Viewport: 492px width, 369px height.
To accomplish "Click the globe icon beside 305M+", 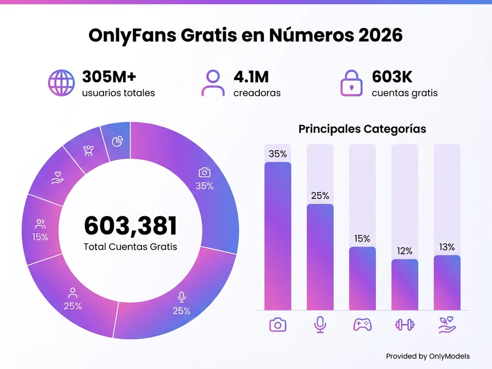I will coord(61,83).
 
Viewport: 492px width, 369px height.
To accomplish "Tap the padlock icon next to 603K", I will coord(352,83).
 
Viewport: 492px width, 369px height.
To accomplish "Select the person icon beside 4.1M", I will coord(213,83).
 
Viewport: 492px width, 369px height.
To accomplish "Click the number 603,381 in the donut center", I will coord(131,226).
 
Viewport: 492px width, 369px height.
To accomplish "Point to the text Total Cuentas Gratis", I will coord(130,247).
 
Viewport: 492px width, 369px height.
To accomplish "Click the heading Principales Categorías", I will coord(362,129).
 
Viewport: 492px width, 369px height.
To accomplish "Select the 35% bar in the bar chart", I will coord(278,235).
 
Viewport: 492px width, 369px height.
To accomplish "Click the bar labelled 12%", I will coord(405,284).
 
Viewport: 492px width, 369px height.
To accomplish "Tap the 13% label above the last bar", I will coord(447,247).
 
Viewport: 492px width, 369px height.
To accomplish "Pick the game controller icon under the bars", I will coord(362,325).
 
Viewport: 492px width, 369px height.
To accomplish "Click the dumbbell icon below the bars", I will coord(405,325).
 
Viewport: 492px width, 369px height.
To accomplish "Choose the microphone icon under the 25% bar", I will coord(320,325).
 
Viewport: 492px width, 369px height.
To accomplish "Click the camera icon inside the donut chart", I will coord(205,172).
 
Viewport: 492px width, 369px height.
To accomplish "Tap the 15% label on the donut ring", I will coord(40,237).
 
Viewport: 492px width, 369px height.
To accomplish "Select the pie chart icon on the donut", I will coord(117,141).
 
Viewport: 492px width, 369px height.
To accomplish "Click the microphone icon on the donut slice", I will coord(182,297).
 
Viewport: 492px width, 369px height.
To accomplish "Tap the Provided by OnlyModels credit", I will coord(428,356).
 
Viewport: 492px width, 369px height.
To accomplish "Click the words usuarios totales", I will coord(118,93).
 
